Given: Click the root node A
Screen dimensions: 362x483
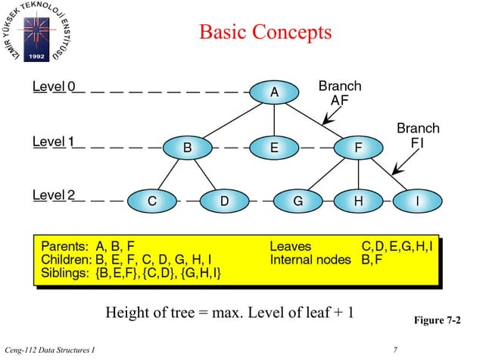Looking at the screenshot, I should [274, 92].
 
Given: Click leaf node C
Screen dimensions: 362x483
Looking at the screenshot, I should [151, 201].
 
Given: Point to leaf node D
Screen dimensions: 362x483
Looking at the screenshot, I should [223, 201].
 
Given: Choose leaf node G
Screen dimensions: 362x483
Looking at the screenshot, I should [298, 201].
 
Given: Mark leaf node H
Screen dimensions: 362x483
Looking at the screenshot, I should [357, 201].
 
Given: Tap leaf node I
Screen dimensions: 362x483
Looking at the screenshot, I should [417, 201].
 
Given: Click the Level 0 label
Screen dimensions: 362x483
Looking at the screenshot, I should [54, 86].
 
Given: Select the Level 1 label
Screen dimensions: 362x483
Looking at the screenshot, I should [54, 142].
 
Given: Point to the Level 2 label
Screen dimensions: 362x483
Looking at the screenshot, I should [54, 196].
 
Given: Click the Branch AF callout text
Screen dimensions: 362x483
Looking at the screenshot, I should [339, 93].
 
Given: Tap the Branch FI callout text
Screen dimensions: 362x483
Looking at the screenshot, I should [418, 135].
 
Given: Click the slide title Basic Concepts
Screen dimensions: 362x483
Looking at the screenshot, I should [265, 33].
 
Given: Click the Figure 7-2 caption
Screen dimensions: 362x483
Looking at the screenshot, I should [437, 321].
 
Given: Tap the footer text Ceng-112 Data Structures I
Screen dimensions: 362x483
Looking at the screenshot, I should [55, 349].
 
